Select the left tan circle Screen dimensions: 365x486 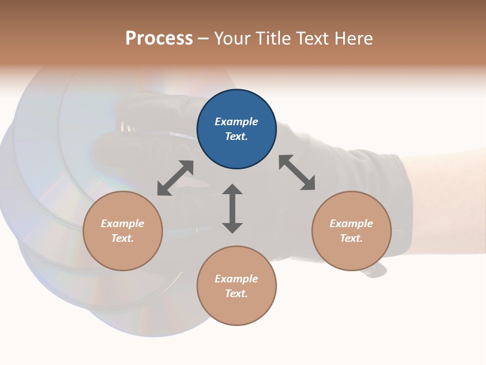[123, 231]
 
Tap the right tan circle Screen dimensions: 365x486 [351, 231]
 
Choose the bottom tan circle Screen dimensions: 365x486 [236, 286]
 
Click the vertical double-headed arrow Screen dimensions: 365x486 [232, 208]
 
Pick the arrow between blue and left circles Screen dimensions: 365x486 [175, 178]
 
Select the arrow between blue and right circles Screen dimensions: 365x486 [297, 173]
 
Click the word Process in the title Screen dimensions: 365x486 [159, 38]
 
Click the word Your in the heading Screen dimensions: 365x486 [232, 38]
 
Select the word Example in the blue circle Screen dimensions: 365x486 [236, 122]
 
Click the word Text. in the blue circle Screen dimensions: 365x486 [236, 136]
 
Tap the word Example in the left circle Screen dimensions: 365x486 [123, 224]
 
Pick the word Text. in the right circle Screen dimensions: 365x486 [351, 238]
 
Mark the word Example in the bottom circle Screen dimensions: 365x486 [236, 279]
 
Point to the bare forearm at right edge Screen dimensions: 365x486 [451, 203]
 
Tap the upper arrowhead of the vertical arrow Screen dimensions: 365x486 [232, 190]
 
